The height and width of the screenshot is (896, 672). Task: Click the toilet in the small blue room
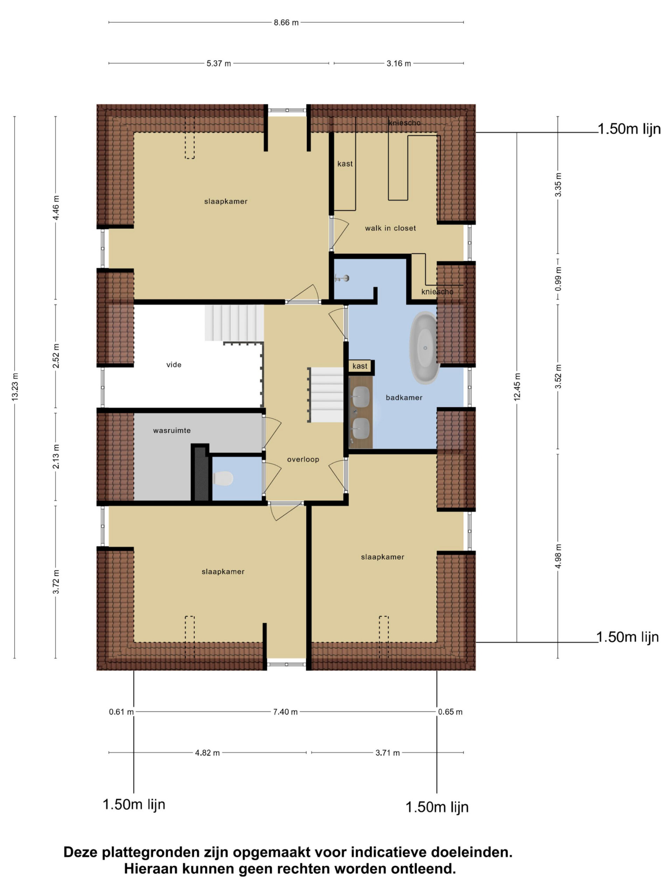pos(223,478)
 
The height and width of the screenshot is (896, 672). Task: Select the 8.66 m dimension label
pos(286,23)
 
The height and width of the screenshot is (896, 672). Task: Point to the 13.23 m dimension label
pos(15,387)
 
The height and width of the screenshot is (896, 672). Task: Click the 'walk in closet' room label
pos(390,228)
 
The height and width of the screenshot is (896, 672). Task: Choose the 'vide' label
pos(174,365)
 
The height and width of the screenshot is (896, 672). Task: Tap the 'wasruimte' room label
pos(172,430)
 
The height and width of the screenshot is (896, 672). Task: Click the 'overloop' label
pos(303,459)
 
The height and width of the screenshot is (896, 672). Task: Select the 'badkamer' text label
pos(404,397)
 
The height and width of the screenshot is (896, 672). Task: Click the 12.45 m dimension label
pos(517,387)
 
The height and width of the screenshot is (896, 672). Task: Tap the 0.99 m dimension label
pos(558,280)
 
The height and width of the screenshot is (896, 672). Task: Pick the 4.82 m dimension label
pos(208,752)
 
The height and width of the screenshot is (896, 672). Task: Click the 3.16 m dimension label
pos(399,64)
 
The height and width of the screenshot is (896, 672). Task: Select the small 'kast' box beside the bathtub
pos(360,366)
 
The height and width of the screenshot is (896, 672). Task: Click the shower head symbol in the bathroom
pos(342,278)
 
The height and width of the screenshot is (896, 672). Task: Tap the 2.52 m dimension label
pos(56,356)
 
